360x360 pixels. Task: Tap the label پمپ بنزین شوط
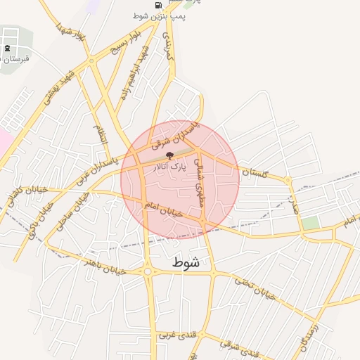tap(158, 15)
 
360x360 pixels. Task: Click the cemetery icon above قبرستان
tap(7, 49)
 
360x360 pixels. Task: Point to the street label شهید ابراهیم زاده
tap(136, 72)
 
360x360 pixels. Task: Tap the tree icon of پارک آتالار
tap(168, 155)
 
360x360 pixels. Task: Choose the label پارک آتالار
tap(169, 167)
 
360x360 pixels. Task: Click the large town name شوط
tap(186, 262)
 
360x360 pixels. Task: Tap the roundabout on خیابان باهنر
tap(148, 271)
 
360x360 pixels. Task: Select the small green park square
tap(310, 222)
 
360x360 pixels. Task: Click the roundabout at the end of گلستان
tap(288, 180)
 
